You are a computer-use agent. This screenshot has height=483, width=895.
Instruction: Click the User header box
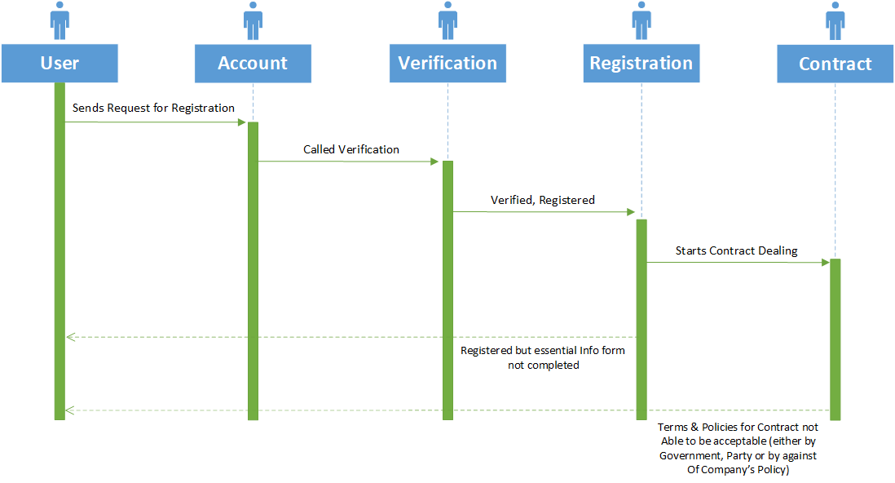click(60, 64)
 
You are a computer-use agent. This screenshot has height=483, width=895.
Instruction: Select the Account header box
click(253, 64)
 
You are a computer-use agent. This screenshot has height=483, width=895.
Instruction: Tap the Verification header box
click(447, 64)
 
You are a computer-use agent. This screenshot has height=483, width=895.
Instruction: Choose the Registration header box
click(641, 64)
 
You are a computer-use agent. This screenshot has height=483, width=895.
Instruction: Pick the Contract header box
click(835, 64)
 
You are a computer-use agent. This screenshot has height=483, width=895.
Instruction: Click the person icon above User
click(60, 20)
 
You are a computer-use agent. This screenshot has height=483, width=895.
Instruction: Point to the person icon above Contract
click(835, 20)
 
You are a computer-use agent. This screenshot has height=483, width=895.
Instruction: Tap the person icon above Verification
click(447, 20)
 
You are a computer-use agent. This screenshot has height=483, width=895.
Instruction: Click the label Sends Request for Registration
click(153, 108)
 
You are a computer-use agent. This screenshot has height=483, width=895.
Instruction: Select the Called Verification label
click(351, 150)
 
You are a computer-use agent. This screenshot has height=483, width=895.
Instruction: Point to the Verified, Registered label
click(542, 200)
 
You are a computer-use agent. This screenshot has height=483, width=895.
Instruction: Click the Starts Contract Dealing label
click(736, 251)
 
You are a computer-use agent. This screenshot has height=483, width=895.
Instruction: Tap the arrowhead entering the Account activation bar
click(242, 122)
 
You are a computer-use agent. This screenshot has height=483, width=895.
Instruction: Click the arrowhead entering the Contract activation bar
click(826, 263)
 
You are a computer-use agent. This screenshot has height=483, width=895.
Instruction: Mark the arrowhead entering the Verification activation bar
click(434, 162)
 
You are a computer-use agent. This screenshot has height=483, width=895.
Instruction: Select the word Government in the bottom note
click(690, 455)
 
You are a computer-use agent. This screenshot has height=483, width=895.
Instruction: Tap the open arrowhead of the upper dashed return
click(71, 337)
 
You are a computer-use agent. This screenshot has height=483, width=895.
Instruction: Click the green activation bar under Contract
click(835, 339)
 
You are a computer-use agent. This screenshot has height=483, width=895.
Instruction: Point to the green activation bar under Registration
click(641, 320)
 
